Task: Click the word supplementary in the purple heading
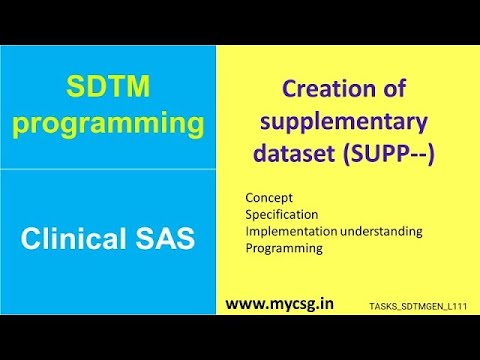342,124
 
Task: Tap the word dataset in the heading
293,156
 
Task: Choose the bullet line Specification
281,214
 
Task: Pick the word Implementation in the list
290,231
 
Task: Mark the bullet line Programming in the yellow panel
284,248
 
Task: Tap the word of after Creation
386,91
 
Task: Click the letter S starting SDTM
74,88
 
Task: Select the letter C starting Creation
290,91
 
